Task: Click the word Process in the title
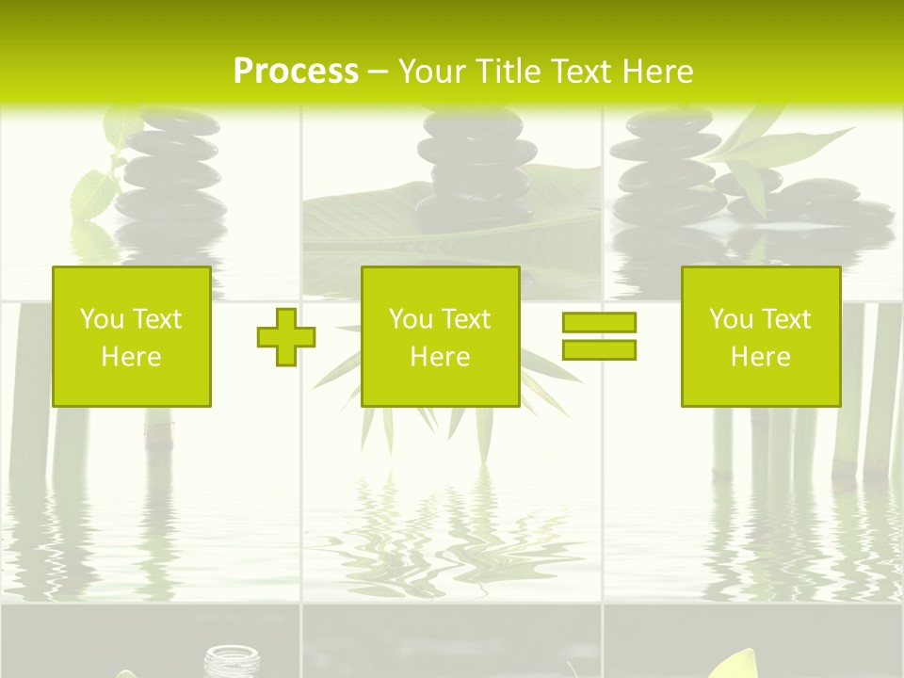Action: (x=296, y=72)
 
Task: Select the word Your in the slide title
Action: (x=432, y=72)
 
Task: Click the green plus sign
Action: (x=285, y=337)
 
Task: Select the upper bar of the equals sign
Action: (x=599, y=323)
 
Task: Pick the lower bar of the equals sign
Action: (x=599, y=350)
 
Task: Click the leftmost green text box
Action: (x=132, y=336)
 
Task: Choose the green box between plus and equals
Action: (x=440, y=336)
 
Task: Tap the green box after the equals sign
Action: (x=760, y=336)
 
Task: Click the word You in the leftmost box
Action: (x=101, y=319)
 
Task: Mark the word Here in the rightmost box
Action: (x=760, y=357)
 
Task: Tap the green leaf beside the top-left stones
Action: (x=94, y=193)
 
